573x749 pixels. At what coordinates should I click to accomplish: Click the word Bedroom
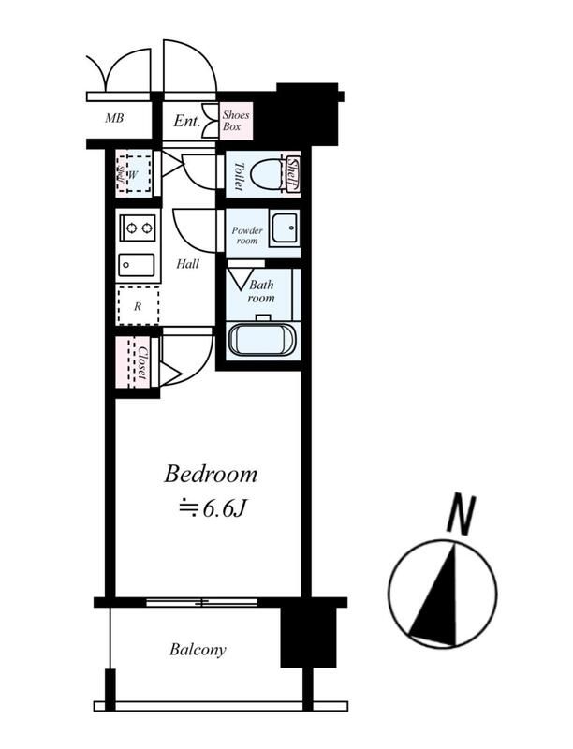coord(211,475)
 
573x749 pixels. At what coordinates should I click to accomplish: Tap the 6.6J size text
coord(213,509)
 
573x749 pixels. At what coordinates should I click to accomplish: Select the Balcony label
coord(198,650)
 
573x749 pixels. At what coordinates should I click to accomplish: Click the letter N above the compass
coord(462,514)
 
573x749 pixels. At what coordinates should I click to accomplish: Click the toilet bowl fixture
coord(267,174)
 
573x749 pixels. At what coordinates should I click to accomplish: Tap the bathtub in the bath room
coord(262,340)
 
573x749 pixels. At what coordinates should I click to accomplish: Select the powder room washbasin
coord(284,229)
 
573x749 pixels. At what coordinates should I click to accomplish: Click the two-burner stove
coord(138,228)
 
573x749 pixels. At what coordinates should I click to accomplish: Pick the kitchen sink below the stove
coord(137,265)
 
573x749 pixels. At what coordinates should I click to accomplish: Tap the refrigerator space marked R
coord(138,306)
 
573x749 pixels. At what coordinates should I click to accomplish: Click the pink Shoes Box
coord(236,121)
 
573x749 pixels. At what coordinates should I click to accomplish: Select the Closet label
coord(142,362)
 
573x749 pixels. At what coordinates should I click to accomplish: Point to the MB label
coord(114,118)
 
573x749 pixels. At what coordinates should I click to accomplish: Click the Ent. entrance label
coord(186,121)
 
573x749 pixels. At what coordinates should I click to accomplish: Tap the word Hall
coord(187,264)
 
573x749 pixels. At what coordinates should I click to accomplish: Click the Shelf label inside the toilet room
coord(292,174)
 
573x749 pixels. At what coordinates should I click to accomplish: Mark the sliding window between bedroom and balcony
coord(201,602)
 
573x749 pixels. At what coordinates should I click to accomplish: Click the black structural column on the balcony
coord(308,637)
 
